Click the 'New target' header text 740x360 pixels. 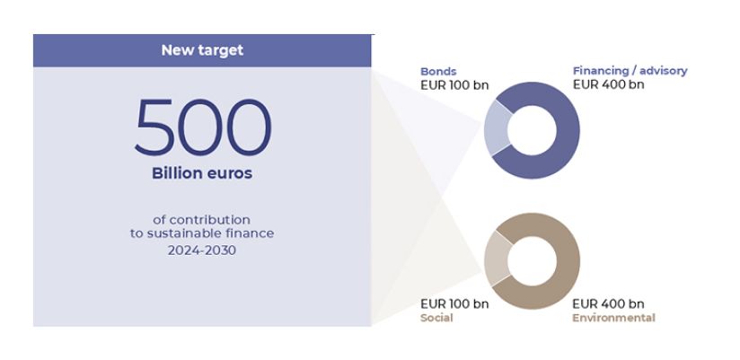pyautogui.click(x=202, y=50)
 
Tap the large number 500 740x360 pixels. pyautogui.click(x=202, y=127)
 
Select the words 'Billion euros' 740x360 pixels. pyautogui.click(x=202, y=173)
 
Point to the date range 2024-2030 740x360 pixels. pyautogui.click(x=202, y=250)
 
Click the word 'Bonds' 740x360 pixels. pyautogui.click(x=438, y=71)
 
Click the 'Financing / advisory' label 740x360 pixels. pyautogui.click(x=630, y=71)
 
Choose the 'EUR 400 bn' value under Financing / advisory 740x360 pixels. pyautogui.click(x=608, y=85)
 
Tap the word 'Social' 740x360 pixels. pyautogui.click(x=436, y=318)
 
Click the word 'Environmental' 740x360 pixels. pyautogui.click(x=613, y=318)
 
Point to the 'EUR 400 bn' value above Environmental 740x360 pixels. pyautogui.click(x=608, y=303)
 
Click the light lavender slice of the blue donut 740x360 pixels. pyautogui.click(x=495, y=129)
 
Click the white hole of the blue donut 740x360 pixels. pyautogui.click(x=531, y=130)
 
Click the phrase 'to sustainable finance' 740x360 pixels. pyautogui.click(x=202, y=233)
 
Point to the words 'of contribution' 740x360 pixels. pyautogui.click(x=202, y=219)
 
